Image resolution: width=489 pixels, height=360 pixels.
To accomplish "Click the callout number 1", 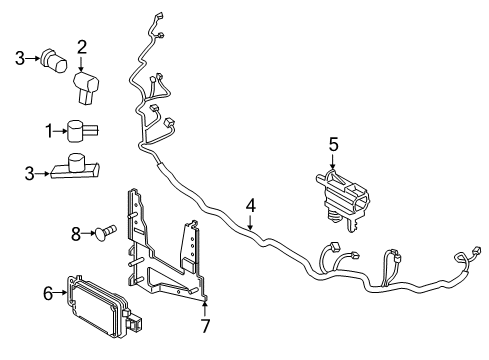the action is [x=49, y=131].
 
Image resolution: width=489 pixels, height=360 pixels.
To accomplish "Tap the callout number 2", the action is [x=82, y=47].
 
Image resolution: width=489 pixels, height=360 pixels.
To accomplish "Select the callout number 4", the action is [x=251, y=205].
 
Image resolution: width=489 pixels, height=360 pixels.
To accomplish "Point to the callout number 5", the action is [x=333, y=145].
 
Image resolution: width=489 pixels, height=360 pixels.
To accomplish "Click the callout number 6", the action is [x=48, y=293].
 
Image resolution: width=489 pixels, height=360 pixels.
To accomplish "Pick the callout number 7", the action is [x=205, y=326].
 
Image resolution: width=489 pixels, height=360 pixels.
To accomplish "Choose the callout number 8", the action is [x=76, y=234].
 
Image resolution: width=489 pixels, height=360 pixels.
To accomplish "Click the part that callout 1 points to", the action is [x=82, y=130].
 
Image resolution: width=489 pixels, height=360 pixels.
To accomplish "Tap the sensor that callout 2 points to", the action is [x=86, y=86].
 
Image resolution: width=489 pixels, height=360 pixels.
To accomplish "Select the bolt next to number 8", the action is [x=105, y=231].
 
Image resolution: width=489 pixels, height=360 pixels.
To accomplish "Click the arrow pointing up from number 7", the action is [x=205, y=308].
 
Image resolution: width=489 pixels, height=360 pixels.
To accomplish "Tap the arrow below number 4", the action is [x=251, y=222].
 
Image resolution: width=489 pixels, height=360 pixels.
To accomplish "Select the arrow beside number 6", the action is [x=61, y=293].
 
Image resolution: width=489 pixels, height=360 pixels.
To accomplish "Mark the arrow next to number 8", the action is [x=89, y=234].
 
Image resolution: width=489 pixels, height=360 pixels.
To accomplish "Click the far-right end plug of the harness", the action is [x=477, y=251].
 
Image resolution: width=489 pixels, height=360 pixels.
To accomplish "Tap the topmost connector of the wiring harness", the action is [x=159, y=16].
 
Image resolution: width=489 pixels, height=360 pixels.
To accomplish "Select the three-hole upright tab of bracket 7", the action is [x=190, y=245].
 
